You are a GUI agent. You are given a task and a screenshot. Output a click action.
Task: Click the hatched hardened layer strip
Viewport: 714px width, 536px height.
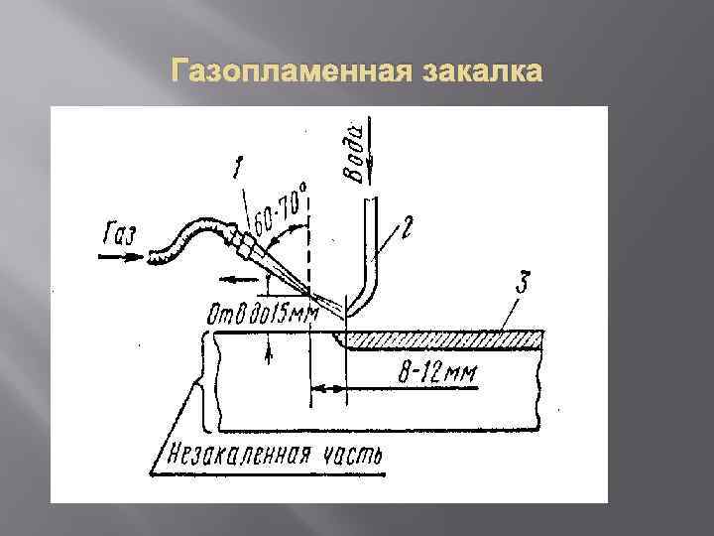(x=446, y=338)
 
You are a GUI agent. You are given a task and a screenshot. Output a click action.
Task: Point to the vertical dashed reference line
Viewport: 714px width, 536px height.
(x=310, y=248)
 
